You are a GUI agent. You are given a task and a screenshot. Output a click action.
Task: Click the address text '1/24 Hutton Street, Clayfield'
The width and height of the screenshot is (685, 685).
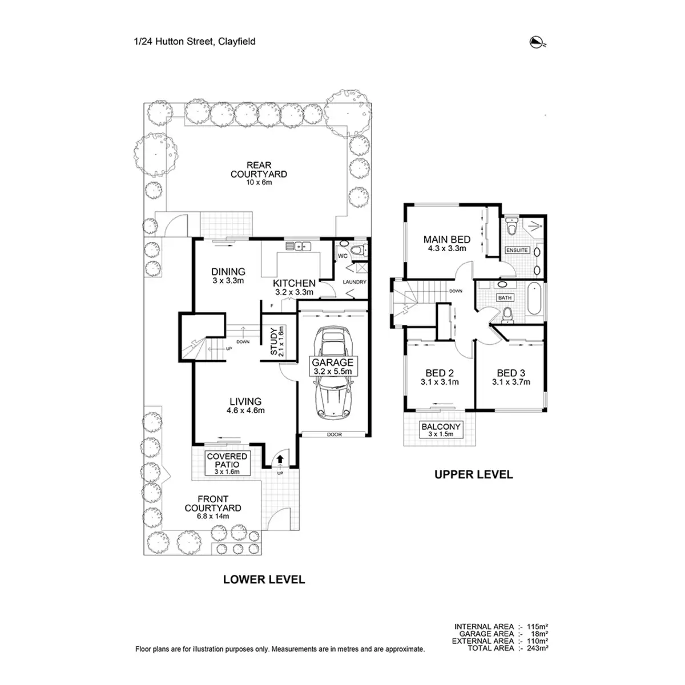[x=195, y=42]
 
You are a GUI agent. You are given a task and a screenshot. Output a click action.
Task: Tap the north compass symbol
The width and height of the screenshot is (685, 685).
[x=537, y=41]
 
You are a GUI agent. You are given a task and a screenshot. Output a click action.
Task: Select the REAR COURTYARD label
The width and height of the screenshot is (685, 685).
[x=259, y=170]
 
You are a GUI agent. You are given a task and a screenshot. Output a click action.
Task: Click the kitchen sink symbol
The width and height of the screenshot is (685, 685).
[x=299, y=247]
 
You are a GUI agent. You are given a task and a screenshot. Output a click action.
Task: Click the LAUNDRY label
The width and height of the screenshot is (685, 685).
[x=354, y=282]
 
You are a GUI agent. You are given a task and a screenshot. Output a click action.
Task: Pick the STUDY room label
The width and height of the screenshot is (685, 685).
[x=273, y=342]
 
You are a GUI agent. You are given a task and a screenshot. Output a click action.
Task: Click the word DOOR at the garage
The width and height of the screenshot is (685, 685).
[x=334, y=435]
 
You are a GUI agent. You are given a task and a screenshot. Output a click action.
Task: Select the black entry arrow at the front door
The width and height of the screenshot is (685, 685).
[x=280, y=458]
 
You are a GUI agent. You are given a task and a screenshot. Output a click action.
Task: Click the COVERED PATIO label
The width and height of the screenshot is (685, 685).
[x=227, y=460]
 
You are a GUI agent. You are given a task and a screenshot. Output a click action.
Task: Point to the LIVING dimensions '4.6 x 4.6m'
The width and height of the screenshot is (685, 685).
[x=245, y=410]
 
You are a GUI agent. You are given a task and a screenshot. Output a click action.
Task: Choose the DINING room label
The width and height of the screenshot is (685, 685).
[x=228, y=272]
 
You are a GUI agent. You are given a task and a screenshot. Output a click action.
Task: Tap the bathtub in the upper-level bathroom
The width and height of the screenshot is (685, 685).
[x=533, y=298]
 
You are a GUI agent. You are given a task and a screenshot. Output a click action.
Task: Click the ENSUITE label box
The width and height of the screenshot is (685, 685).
[x=517, y=250]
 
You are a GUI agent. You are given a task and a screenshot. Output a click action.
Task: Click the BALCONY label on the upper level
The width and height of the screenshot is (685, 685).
[x=440, y=427]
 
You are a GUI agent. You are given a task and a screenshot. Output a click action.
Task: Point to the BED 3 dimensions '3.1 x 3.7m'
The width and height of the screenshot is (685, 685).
[x=511, y=382]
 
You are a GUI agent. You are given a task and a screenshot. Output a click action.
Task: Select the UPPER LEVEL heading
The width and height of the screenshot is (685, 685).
[x=474, y=474]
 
